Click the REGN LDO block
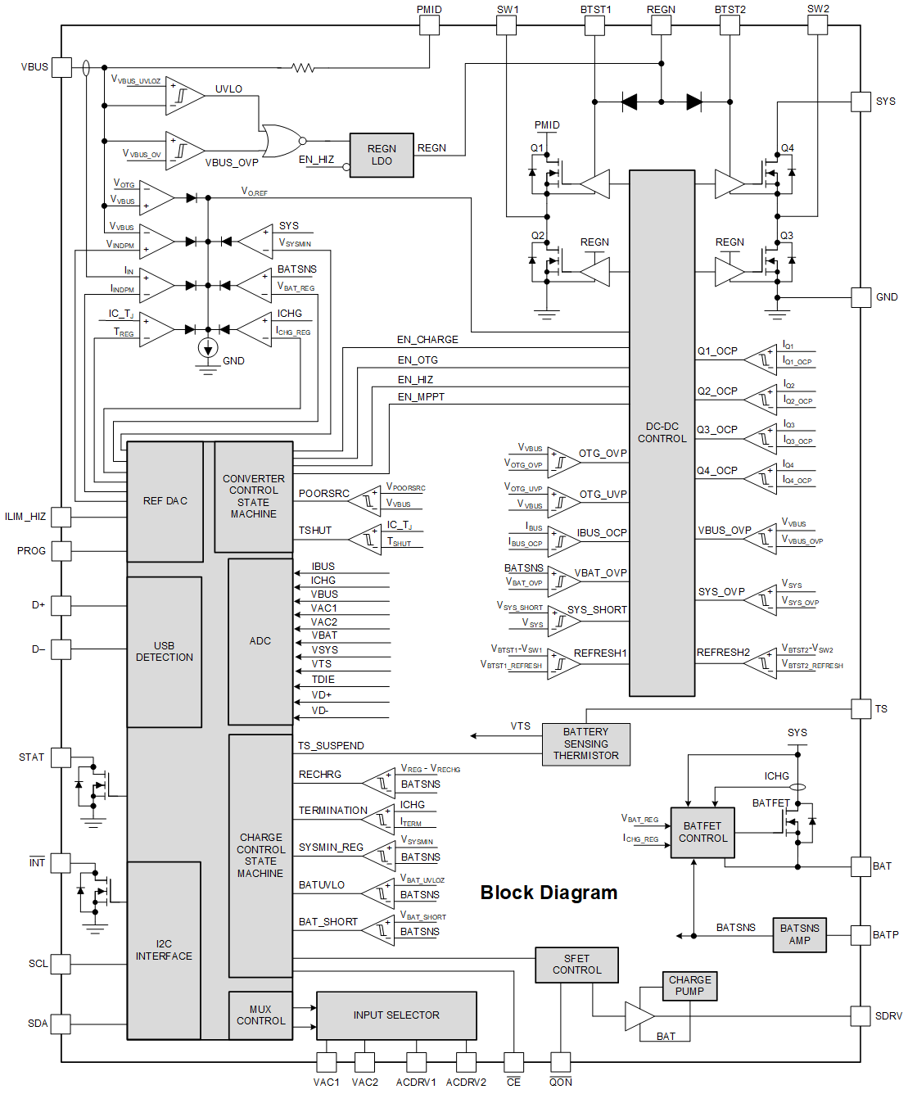[x=382, y=155]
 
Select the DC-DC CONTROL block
[x=662, y=432]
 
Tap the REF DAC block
[x=165, y=501]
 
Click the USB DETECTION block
[x=165, y=652]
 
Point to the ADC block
[x=260, y=641]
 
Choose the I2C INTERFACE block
[x=164, y=950]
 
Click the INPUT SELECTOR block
[x=396, y=1015]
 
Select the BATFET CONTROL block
[x=702, y=833]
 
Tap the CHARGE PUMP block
[x=689, y=986]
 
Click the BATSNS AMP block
[x=799, y=934]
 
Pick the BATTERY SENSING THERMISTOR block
[x=586, y=744]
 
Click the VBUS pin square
[x=62, y=67]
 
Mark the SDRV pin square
[x=861, y=1016]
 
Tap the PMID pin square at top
[x=430, y=25]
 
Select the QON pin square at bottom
[x=561, y=1062]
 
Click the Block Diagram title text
[x=549, y=893]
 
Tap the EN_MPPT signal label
[x=421, y=397]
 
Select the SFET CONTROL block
[x=576, y=965]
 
